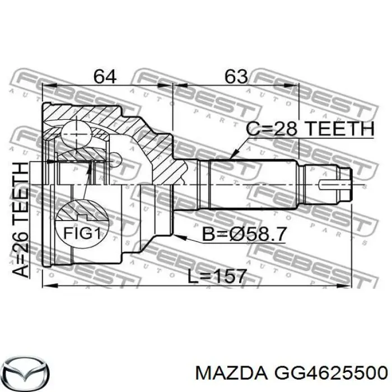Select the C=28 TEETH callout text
click(x=310, y=128)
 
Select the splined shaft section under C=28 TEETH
click(x=252, y=182)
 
